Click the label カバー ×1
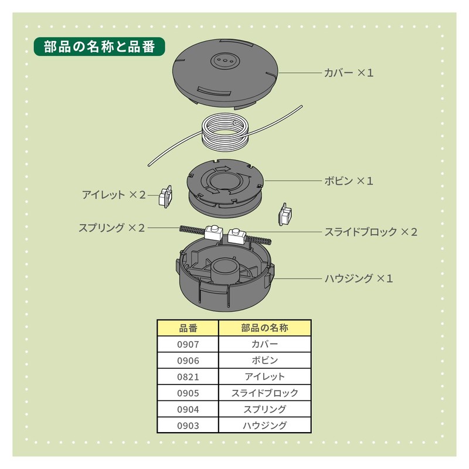(349, 73)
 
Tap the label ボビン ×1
(349, 181)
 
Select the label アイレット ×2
(114, 194)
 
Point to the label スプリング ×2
(111, 227)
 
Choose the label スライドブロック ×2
(371, 232)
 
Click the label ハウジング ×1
(359, 278)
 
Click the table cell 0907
(188, 344)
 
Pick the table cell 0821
(188, 376)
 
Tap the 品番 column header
(188, 327)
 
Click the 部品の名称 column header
(264, 327)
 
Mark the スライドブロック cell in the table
(264, 393)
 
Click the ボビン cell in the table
(264, 360)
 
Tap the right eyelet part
(285, 215)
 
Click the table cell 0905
(188, 393)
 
